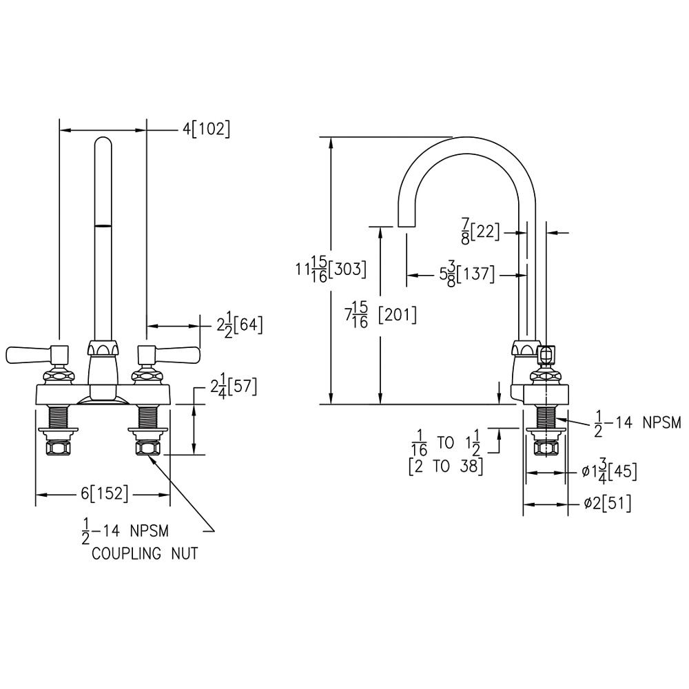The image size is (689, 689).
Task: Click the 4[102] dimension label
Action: pos(206,129)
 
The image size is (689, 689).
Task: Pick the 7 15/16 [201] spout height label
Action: pos(380,315)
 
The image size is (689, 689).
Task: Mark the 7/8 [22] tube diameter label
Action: pos(480,233)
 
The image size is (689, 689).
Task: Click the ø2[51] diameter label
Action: pos(607,504)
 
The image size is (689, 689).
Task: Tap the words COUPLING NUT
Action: pos(145,553)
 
